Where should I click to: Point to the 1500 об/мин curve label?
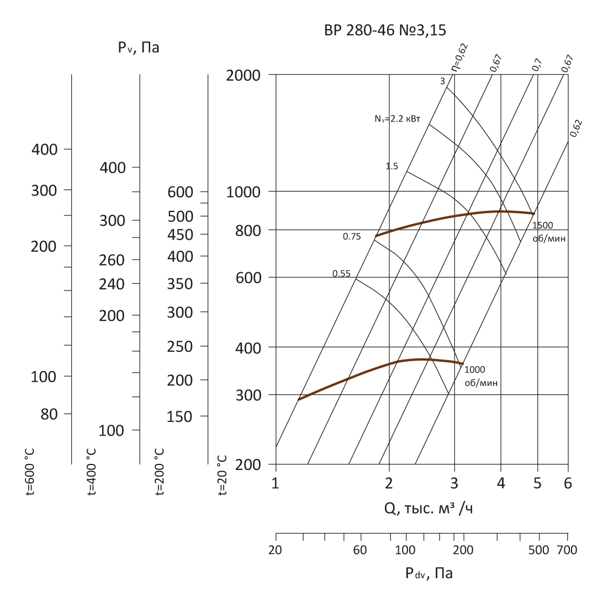(x=550, y=232)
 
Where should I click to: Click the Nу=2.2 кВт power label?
(x=397, y=118)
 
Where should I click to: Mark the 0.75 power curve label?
(x=352, y=237)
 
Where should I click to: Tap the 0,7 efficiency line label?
(x=537, y=64)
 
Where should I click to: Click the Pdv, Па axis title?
(x=429, y=573)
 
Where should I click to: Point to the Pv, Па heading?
(x=138, y=47)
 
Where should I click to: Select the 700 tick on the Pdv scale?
(x=567, y=550)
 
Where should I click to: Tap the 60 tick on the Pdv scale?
(x=360, y=550)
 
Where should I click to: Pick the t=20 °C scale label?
(x=223, y=475)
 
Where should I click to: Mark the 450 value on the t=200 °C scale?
(x=181, y=235)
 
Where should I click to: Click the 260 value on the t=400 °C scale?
(x=112, y=260)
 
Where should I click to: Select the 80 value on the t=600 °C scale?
(x=49, y=414)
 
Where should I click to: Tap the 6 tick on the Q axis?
(x=568, y=484)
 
